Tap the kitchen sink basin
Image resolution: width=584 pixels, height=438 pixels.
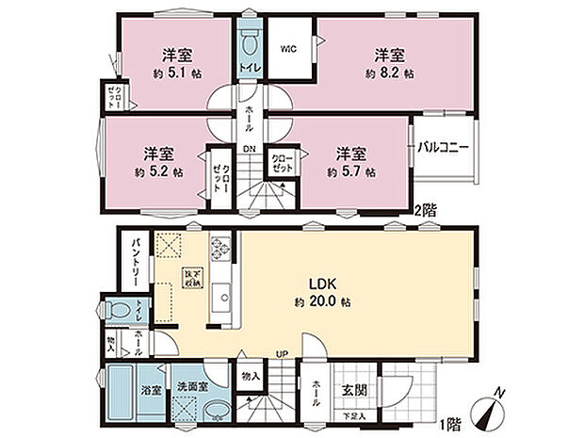click(x=221, y=300)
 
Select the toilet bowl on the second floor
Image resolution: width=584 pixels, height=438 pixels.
click(x=250, y=43)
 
